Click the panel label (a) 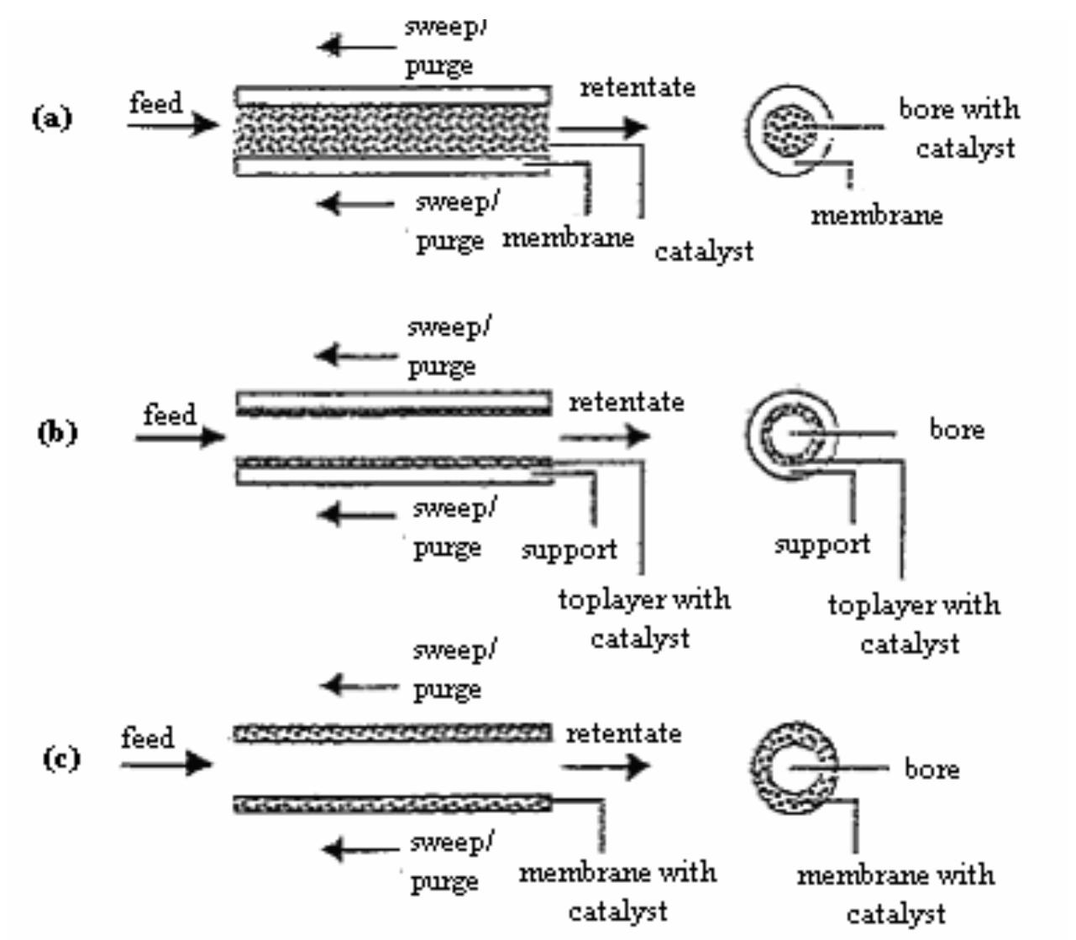coord(52,117)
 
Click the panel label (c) coord(61,759)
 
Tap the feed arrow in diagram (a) coord(172,126)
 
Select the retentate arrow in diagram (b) coord(604,436)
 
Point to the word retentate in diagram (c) coord(623,734)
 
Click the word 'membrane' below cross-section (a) coord(876,216)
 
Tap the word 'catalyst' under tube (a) coord(703,251)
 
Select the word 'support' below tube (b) coord(569,551)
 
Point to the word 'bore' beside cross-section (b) coord(956,430)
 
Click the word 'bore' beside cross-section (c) coord(932,769)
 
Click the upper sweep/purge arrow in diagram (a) coord(356,45)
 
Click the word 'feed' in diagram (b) coord(170,415)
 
